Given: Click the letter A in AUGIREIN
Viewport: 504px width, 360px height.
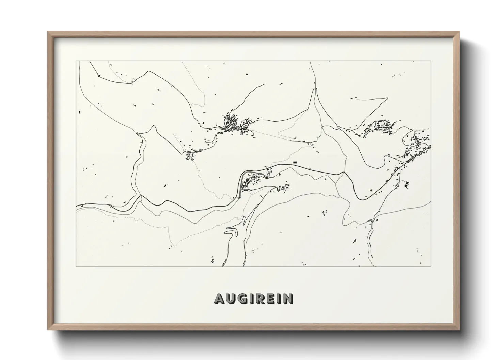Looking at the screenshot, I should (x=219, y=299).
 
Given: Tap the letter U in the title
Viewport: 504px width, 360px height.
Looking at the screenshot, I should (x=230, y=299).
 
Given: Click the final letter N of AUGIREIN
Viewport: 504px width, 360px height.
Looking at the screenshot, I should (x=287, y=299).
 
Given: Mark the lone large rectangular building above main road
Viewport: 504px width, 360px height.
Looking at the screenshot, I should (x=295, y=162).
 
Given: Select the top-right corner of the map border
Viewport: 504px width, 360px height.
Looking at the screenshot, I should (x=431, y=61).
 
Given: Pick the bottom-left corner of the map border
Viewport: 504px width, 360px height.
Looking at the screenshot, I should (x=76, y=266).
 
